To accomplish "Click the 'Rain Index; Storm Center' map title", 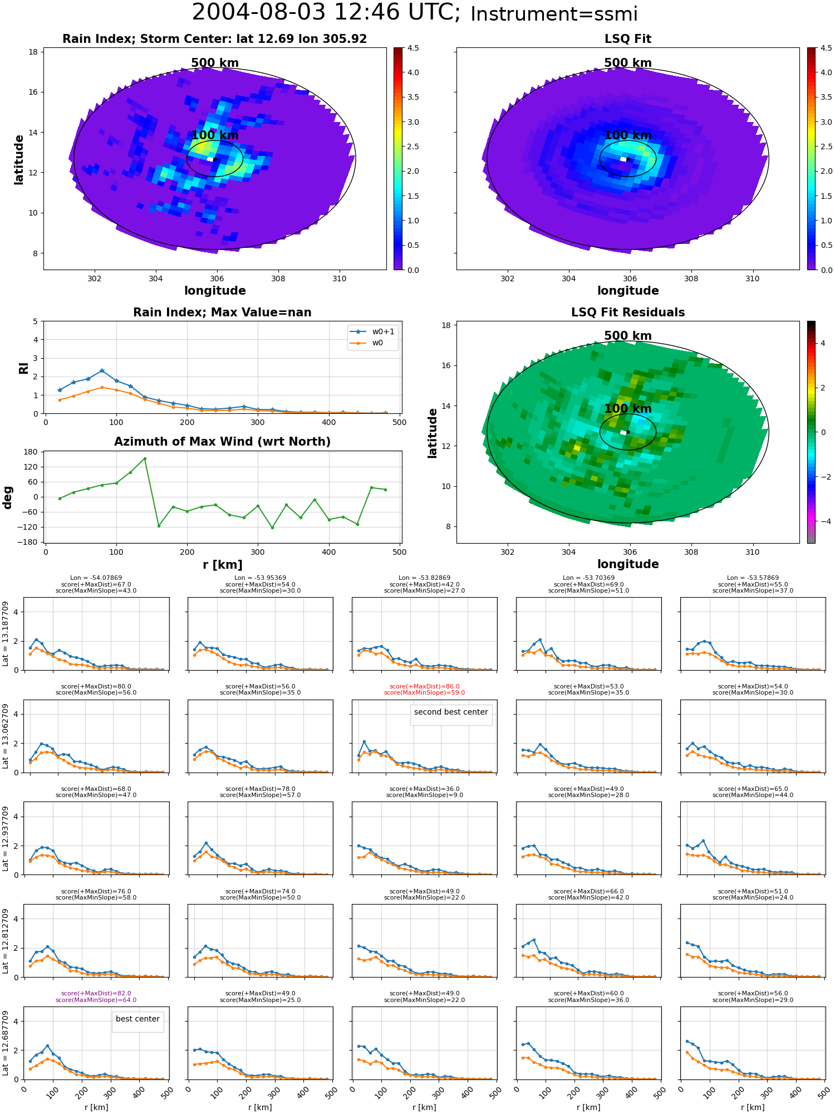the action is (x=214, y=39).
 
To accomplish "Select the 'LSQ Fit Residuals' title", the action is (x=628, y=312).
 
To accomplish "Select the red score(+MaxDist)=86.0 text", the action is (x=425, y=687).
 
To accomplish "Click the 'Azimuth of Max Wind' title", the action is (x=222, y=442).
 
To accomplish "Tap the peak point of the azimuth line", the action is (x=145, y=458).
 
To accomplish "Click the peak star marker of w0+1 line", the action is (x=102, y=370).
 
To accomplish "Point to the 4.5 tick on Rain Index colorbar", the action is (x=412, y=48).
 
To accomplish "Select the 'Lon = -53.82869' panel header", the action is (x=425, y=578).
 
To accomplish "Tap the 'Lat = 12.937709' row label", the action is (x=6, y=838).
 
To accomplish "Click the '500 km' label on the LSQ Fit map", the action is (x=628, y=63).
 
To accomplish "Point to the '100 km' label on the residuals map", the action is (x=628, y=409).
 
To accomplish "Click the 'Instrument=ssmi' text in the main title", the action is (x=554, y=14).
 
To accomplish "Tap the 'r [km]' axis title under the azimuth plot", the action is (x=222, y=565).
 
